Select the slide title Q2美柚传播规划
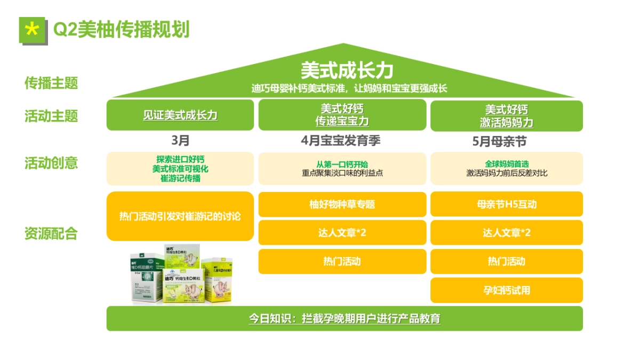coord(121,30)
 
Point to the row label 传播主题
coord(51,83)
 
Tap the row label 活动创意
coord(51,163)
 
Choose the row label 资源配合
coord(51,234)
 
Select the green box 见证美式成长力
coord(180,115)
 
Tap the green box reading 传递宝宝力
coord(342,115)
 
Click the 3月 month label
coord(180,141)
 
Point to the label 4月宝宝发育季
coord(341,141)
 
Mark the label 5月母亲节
coord(506,142)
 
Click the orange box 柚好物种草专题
coord(342,204)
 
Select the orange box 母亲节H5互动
coord(506,204)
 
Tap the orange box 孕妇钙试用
coord(506,291)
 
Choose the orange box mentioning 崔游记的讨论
coord(180,217)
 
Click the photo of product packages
coord(180,274)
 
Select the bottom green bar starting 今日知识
coord(345,319)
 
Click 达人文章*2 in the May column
coord(506,233)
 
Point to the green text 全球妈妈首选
coord(506,164)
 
